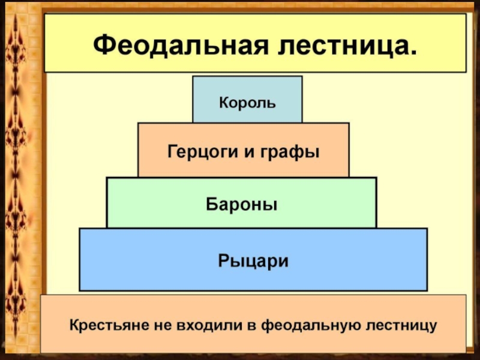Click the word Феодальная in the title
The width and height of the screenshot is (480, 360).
coord(181,46)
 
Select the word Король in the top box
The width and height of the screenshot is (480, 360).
coord(247,103)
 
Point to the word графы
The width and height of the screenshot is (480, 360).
coord(290,152)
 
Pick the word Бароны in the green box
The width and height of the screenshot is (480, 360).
coord(242,204)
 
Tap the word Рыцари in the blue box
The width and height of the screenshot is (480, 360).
coord(253,262)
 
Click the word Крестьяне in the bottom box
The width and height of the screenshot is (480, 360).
coord(106,325)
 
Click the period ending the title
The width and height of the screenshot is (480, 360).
coord(412,53)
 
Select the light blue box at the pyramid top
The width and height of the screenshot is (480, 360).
coord(247,100)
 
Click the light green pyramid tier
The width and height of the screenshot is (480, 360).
coord(242,203)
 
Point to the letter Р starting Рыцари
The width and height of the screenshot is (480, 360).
coord(224,261)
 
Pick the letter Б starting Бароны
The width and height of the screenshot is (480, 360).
coord(212,204)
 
